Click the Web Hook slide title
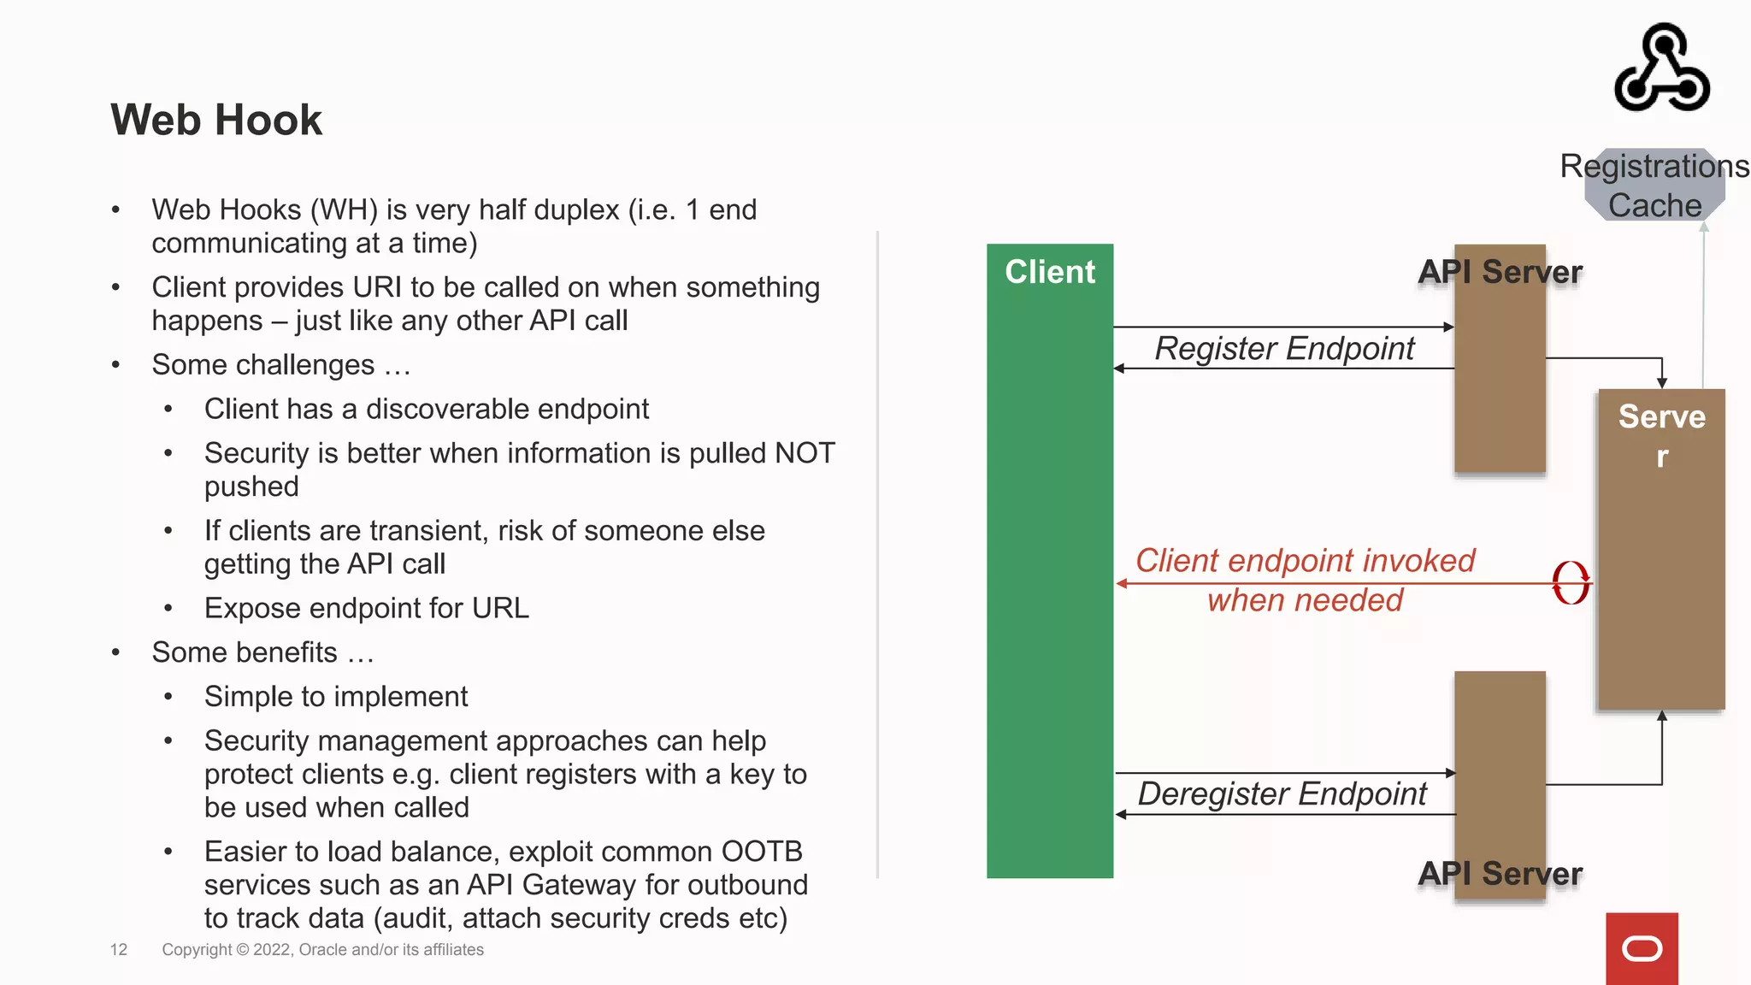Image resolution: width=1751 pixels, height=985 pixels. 216,120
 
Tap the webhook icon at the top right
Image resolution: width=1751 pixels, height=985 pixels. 1662,68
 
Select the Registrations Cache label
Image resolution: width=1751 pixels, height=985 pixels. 1654,186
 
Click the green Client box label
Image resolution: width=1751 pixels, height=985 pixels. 1049,272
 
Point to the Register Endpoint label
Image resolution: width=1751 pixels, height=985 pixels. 1284,349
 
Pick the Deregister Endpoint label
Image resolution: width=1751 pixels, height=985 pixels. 1282,794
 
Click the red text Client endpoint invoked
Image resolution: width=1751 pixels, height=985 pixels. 1305,561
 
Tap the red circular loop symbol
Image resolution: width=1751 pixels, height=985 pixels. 1571,583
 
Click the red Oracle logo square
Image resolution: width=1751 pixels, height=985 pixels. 1642,948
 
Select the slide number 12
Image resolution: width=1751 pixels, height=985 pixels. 119,950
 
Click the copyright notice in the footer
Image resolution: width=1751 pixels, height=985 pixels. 322,950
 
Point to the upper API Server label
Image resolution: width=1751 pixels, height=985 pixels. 1500,272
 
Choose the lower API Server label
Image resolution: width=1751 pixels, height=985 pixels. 1500,874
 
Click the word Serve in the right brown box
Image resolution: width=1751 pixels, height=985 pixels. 1661,417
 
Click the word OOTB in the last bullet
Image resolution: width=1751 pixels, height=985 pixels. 761,852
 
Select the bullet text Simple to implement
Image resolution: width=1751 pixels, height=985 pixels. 336,697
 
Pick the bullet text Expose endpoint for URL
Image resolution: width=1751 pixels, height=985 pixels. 366,609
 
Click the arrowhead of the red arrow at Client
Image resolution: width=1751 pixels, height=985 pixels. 1122,584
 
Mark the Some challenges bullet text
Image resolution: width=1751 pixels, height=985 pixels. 281,365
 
